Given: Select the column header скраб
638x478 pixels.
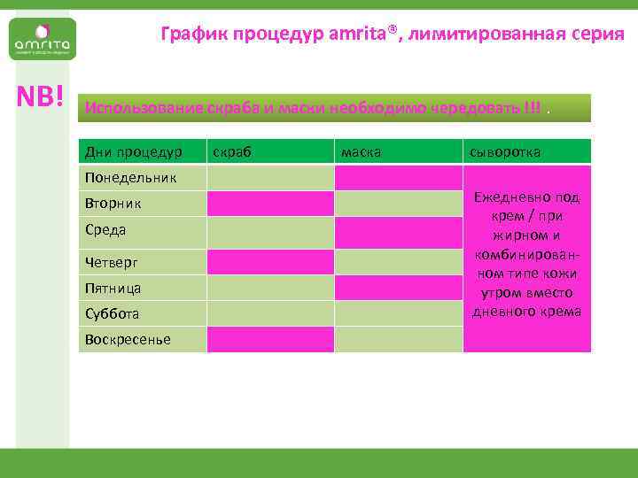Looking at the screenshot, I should click(x=233, y=152).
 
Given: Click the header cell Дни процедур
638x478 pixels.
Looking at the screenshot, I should click(x=134, y=152).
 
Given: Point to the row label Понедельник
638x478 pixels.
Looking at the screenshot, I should click(x=130, y=178).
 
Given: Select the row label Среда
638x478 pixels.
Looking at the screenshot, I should click(x=106, y=230).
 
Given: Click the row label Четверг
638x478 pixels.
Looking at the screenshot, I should click(x=112, y=262).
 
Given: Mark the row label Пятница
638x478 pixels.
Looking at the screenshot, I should click(x=113, y=288).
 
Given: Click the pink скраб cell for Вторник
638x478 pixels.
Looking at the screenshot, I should click(x=269, y=204).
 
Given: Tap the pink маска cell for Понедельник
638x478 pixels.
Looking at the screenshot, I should click(x=397, y=178).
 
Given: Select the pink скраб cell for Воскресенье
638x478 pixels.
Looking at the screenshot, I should click(x=269, y=339).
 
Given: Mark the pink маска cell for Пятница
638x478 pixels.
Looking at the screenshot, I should click(x=397, y=288).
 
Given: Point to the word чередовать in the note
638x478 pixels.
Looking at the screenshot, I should click(x=476, y=109).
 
